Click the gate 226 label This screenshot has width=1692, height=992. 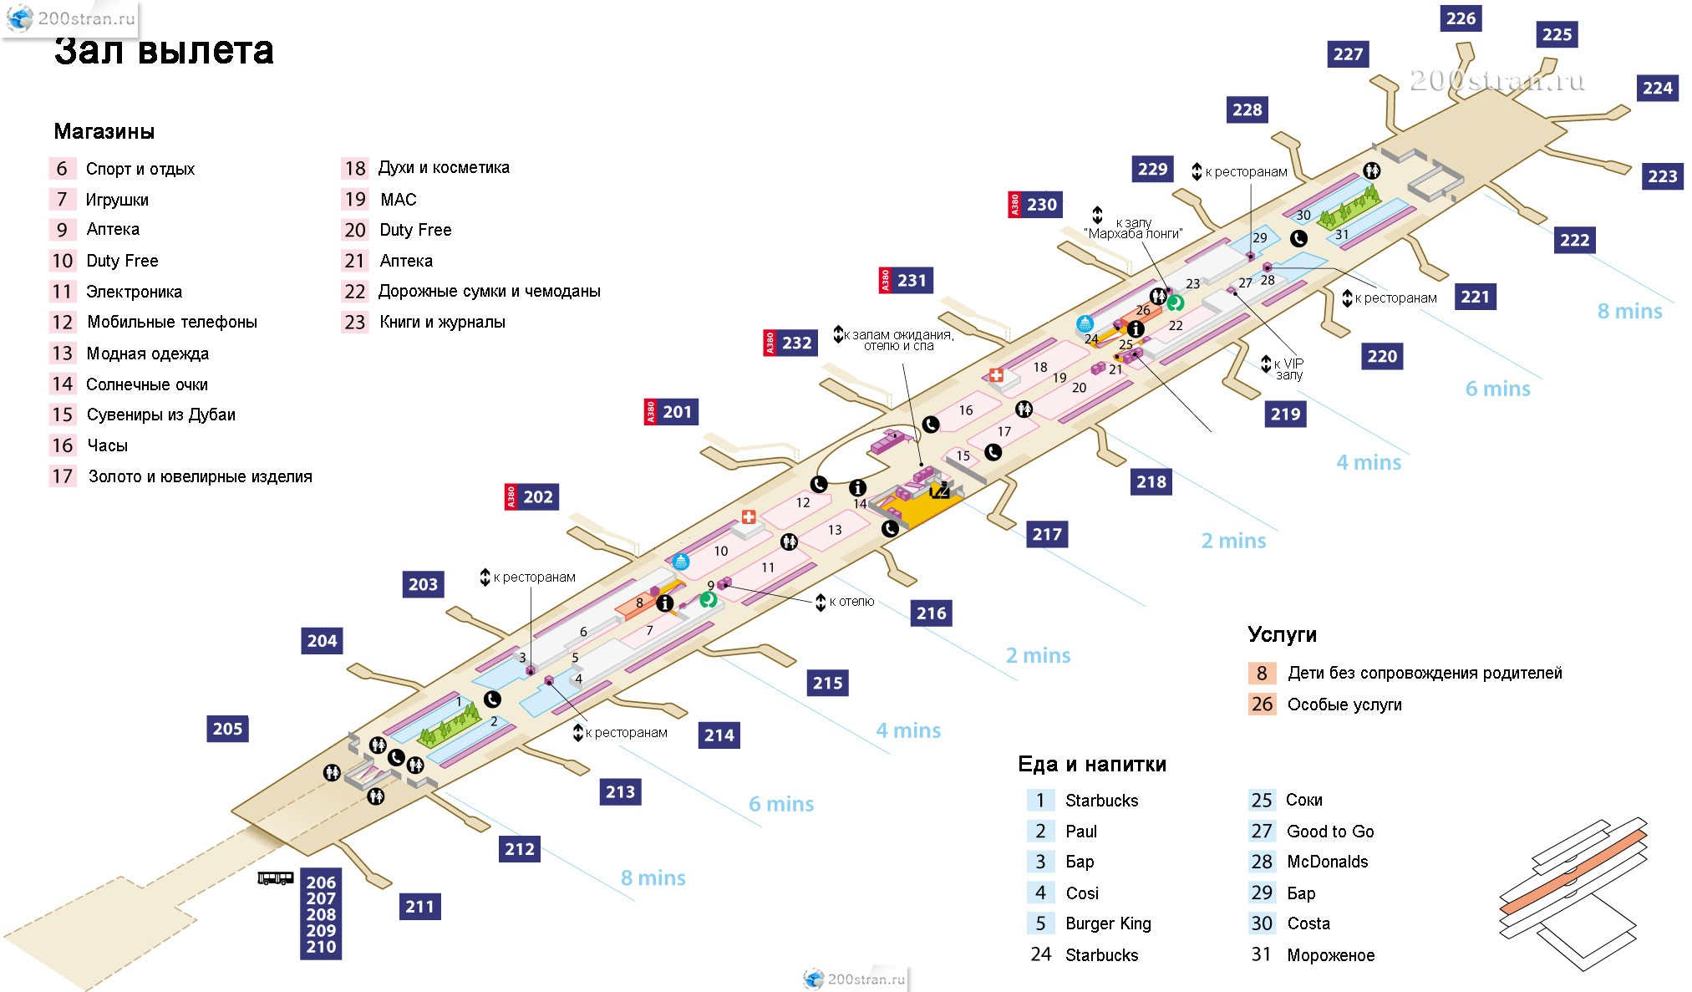click(x=1461, y=18)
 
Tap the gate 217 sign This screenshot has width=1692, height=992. click(x=1047, y=534)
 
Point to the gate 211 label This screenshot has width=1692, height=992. click(x=419, y=907)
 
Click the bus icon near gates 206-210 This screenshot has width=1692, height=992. click(x=275, y=878)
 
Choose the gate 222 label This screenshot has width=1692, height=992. click(x=1574, y=241)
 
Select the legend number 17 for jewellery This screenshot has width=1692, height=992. click(x=63, y=476)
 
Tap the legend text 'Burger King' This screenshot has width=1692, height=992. click(x=1108, y=923)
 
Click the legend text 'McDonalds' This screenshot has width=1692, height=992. click(x=1327, y=862)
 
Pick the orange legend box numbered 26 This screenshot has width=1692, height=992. click(x=1262, y=705)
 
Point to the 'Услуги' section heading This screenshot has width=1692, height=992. click(x=1282, y=634)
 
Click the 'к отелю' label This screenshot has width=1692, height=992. click(x=851, y=602)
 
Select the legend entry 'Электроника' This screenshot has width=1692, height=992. click(x=134, y=292)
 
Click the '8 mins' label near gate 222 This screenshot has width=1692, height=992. click(x=1629, y=312)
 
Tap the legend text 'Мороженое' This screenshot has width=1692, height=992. click(x=1330, y=955)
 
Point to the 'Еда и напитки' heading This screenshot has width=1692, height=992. click(x=1091, y=764)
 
